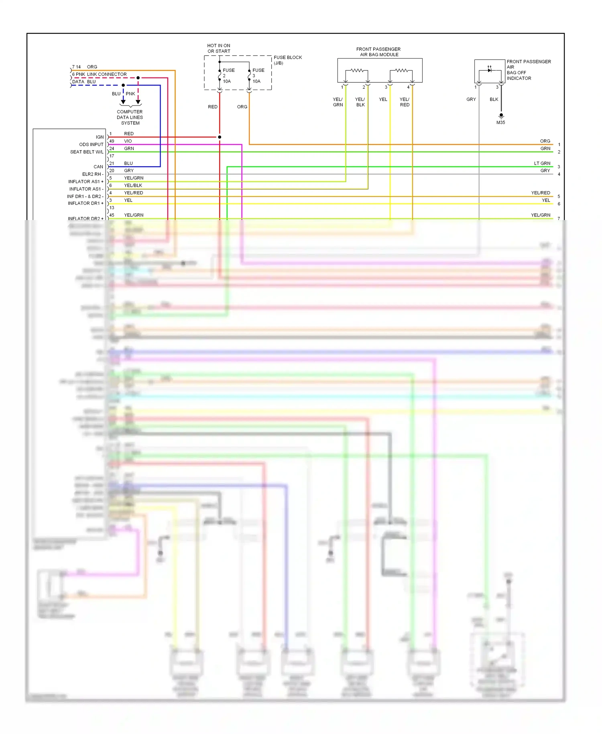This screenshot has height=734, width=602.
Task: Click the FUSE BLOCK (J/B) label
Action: coord(287,60)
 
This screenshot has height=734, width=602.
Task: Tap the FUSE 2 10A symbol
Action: coord(220,75)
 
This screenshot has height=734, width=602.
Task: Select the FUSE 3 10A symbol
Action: coord(249,75)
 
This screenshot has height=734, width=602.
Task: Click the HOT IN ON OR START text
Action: coord(219,49)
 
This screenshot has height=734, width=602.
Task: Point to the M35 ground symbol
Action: coord(501,116)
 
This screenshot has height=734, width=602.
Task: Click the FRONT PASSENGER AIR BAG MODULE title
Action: coord(378,52)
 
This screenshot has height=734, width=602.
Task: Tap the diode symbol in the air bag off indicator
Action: coord(490,70)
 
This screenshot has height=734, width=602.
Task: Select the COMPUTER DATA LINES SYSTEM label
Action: coord(130,117)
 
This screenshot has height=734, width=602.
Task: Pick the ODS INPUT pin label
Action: coord(91,145)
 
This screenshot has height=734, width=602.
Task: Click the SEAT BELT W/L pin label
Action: coord(86,152)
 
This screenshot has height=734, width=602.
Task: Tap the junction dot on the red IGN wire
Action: coord(220,137)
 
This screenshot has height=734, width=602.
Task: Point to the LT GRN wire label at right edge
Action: coord(542,163)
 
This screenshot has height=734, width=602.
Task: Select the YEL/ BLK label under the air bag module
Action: coord(360,102)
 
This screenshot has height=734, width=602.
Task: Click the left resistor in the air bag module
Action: coord(357,71)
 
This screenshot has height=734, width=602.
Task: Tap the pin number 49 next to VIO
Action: coord(112,141)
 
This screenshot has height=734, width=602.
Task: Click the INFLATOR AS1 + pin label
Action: coord(85,181)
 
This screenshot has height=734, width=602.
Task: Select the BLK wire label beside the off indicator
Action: coord(494,99)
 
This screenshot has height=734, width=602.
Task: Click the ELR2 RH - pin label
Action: coord(93,174)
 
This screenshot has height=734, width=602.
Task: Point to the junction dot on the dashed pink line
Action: coord(138,78)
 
